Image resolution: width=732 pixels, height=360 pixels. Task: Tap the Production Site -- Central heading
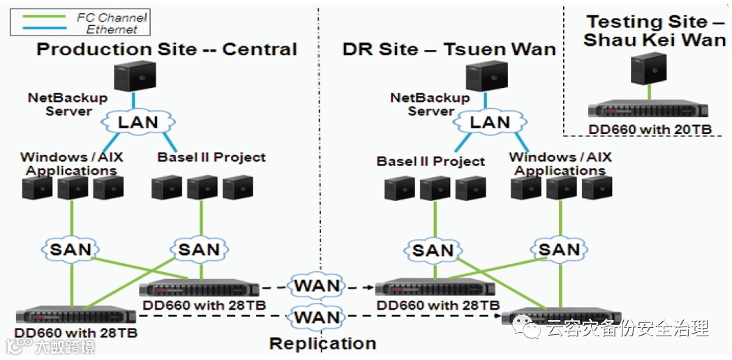point(167,49)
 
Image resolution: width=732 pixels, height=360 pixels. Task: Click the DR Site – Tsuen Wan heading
point(449,49)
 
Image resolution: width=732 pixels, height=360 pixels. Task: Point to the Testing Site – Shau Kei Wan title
point(655,31)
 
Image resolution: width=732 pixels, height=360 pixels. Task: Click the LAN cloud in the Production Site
point(137,122)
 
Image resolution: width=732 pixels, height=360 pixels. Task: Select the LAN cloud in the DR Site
point(489,122)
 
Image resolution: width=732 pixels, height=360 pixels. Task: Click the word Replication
point(322,343)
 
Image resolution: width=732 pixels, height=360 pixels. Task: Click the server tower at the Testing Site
point(648,68)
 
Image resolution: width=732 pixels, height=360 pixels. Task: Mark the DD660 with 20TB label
point(650,129)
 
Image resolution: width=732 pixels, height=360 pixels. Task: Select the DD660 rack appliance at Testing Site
point(648,108)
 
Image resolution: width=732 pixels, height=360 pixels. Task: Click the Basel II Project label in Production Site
point(211,158)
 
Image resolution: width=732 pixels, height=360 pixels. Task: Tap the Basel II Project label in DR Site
point(431,162)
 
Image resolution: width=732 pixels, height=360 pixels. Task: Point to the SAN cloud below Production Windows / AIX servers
point(71,249)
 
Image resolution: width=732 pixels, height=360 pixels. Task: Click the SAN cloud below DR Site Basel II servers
point(433,250)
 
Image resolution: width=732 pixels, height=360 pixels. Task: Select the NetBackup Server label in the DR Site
point(430,105)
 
